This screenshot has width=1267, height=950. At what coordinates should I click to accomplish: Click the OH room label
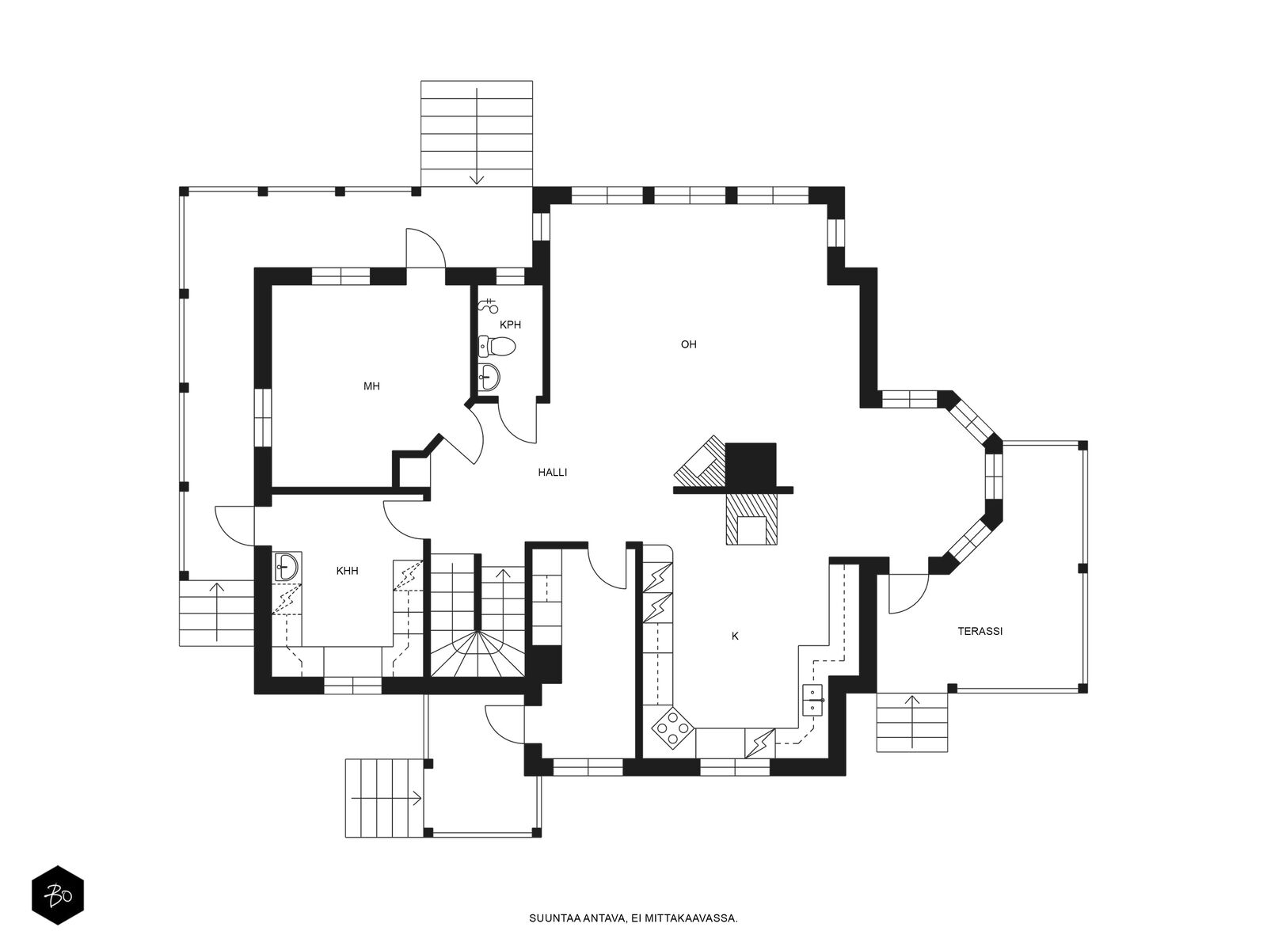[688, 344]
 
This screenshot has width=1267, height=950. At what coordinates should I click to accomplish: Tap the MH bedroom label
[371, 386]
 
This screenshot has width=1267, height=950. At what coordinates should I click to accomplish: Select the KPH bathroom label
[510, 325]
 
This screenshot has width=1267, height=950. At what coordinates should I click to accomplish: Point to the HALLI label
[553, 473]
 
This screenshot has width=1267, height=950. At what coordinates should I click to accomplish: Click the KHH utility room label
[347, 571]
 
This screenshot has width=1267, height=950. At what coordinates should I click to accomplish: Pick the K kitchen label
[735, 636]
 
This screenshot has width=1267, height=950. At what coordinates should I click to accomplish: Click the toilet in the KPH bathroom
[497, 346]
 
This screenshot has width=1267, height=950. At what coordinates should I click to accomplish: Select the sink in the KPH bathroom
[490, 377]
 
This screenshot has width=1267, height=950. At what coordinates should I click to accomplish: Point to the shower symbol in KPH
[489, 305]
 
